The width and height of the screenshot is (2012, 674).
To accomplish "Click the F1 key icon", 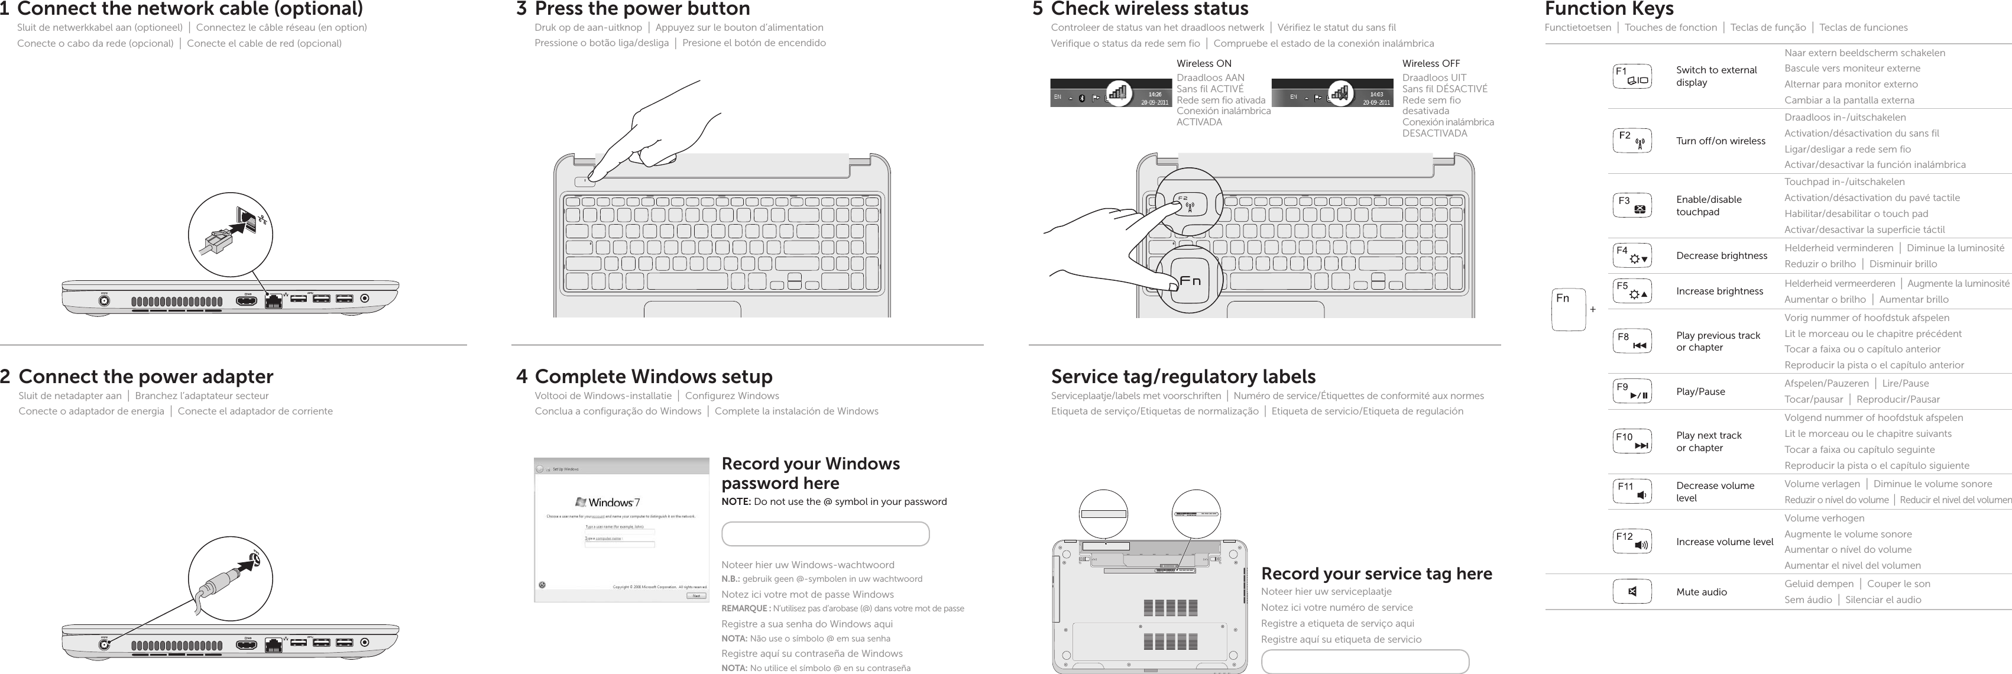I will (1632, 76).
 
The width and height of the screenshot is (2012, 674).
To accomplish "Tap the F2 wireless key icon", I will (1632, 141).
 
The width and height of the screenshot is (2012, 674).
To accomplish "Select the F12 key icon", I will (1632, 541).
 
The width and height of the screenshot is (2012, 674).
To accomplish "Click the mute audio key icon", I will (1632, 591).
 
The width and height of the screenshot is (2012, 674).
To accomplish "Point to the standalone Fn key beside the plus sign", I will (1569, 309).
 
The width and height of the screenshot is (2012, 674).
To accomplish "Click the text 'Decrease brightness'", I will (1721, 255).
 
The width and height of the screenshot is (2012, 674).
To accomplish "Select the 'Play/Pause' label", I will (1700, 391).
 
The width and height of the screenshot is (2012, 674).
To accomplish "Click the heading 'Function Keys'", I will (1608, 9).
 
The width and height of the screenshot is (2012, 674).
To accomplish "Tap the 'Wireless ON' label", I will (1204, 63).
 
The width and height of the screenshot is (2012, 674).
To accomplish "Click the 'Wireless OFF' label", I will (1430, 63).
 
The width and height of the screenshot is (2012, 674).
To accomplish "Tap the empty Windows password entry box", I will (825, 534).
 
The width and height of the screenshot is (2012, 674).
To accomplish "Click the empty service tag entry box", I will (1365, 662).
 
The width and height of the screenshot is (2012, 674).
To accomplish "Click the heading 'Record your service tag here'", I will (1376, 573).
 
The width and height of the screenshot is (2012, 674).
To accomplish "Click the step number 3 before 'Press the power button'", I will (521, 9).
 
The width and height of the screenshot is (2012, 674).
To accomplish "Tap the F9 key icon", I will (1632, 391).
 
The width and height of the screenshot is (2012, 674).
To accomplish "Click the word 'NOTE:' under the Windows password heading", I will (736, 501).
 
